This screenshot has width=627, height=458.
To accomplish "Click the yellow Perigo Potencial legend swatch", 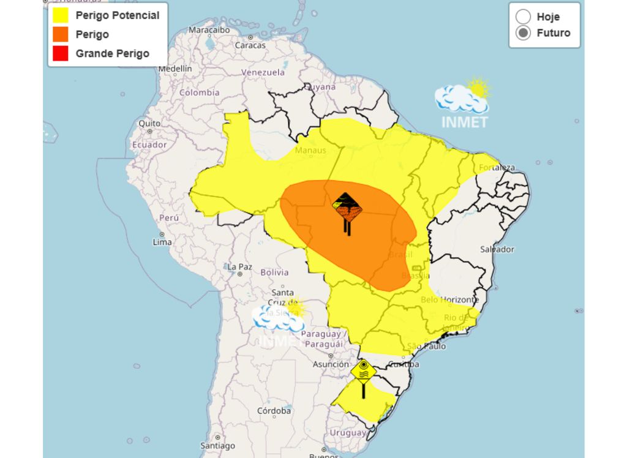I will click(60, 16).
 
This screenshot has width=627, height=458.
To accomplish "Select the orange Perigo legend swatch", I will click(60, 35).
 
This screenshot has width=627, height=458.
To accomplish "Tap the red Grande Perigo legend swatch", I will click(60, 54).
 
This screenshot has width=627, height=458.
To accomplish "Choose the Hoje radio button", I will click(523, 17).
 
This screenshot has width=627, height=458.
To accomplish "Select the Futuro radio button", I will click(523, 33).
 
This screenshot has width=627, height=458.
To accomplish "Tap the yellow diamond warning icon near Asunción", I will click(363, 372).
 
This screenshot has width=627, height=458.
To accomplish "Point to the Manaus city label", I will click(310, 151).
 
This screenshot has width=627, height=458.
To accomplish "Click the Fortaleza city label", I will click(497, 168).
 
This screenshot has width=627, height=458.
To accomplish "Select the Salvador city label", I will click(497, 249).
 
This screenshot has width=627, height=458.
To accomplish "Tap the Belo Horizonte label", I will click(449, 299).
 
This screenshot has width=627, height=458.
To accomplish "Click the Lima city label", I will click(162, 242).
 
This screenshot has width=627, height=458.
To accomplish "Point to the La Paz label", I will click(239, 267).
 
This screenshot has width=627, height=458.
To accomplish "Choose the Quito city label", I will click(149, 123).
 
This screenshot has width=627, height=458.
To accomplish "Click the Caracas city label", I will click(250, 45).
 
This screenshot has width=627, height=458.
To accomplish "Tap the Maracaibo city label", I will click(209, 29).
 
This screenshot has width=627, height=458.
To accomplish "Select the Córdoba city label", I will click(274, 410).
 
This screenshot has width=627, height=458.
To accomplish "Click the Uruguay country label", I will click(348, 432).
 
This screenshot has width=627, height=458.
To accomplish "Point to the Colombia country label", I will click(199, 92).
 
